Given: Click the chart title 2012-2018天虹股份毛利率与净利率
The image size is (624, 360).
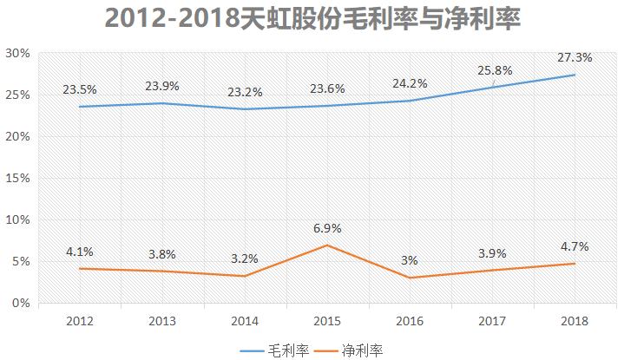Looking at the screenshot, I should point(312,18).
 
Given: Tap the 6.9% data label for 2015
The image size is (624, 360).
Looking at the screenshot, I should point(327,228).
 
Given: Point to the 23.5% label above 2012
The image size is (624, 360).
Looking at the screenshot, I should point(79,89).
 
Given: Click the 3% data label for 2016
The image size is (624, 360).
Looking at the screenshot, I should point(410,260).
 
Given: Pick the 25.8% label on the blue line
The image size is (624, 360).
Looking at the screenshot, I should point(493,69).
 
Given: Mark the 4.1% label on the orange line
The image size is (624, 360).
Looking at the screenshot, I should point(79,252).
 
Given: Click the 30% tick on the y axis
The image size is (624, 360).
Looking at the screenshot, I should point(18,54).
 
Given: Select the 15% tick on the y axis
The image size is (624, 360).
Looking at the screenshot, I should point(18,179).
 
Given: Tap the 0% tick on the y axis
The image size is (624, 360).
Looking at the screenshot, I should point(22,304).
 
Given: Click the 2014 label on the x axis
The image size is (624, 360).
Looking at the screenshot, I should point(245,321).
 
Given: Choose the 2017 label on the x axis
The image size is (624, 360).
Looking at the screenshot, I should point(493,321).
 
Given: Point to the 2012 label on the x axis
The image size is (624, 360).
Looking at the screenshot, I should point(79,321).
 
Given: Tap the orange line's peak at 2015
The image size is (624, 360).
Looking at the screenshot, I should point(327,245).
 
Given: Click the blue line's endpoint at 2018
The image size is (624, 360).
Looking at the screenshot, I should point(575,75).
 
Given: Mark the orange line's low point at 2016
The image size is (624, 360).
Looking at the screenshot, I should point(410,278).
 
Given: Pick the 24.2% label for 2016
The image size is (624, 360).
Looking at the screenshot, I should point(410,83).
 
